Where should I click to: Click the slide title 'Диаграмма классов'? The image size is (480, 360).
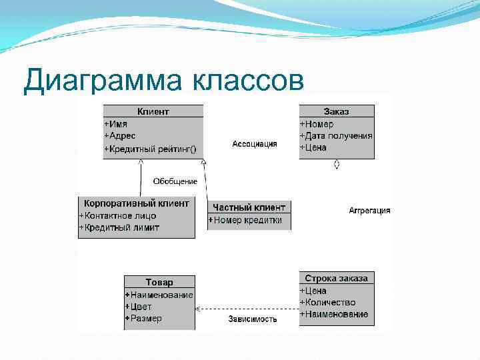tap(163, 81)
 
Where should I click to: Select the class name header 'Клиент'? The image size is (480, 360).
tap(153, 111)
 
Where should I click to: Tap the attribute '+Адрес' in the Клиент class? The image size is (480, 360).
tap(120, 136)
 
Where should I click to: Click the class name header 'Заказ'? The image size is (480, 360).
tap(336, 111)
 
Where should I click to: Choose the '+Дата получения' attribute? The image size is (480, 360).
tap(336, 136)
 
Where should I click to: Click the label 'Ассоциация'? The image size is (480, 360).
tap(255, 144)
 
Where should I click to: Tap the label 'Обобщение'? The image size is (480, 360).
tap(175, 181)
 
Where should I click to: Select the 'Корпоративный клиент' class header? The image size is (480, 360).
tap(137, 203)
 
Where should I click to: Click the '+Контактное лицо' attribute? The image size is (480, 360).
tap(118, 215)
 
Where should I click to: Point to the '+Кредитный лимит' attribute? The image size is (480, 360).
tap(119, 227)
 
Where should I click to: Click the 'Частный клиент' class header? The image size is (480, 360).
tap(249, 207)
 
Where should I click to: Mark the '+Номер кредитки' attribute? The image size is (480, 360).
tap(245, 220)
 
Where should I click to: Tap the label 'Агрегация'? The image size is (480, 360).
tap(369, 211)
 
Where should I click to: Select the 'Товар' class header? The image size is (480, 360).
tap(159, 282)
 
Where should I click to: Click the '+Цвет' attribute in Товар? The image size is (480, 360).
tap(139, 307)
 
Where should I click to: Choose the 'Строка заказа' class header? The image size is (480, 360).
tap(336, 278)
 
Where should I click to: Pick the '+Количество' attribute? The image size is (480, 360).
tap(327, 302)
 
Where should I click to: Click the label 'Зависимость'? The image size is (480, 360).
tap(253, 319)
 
